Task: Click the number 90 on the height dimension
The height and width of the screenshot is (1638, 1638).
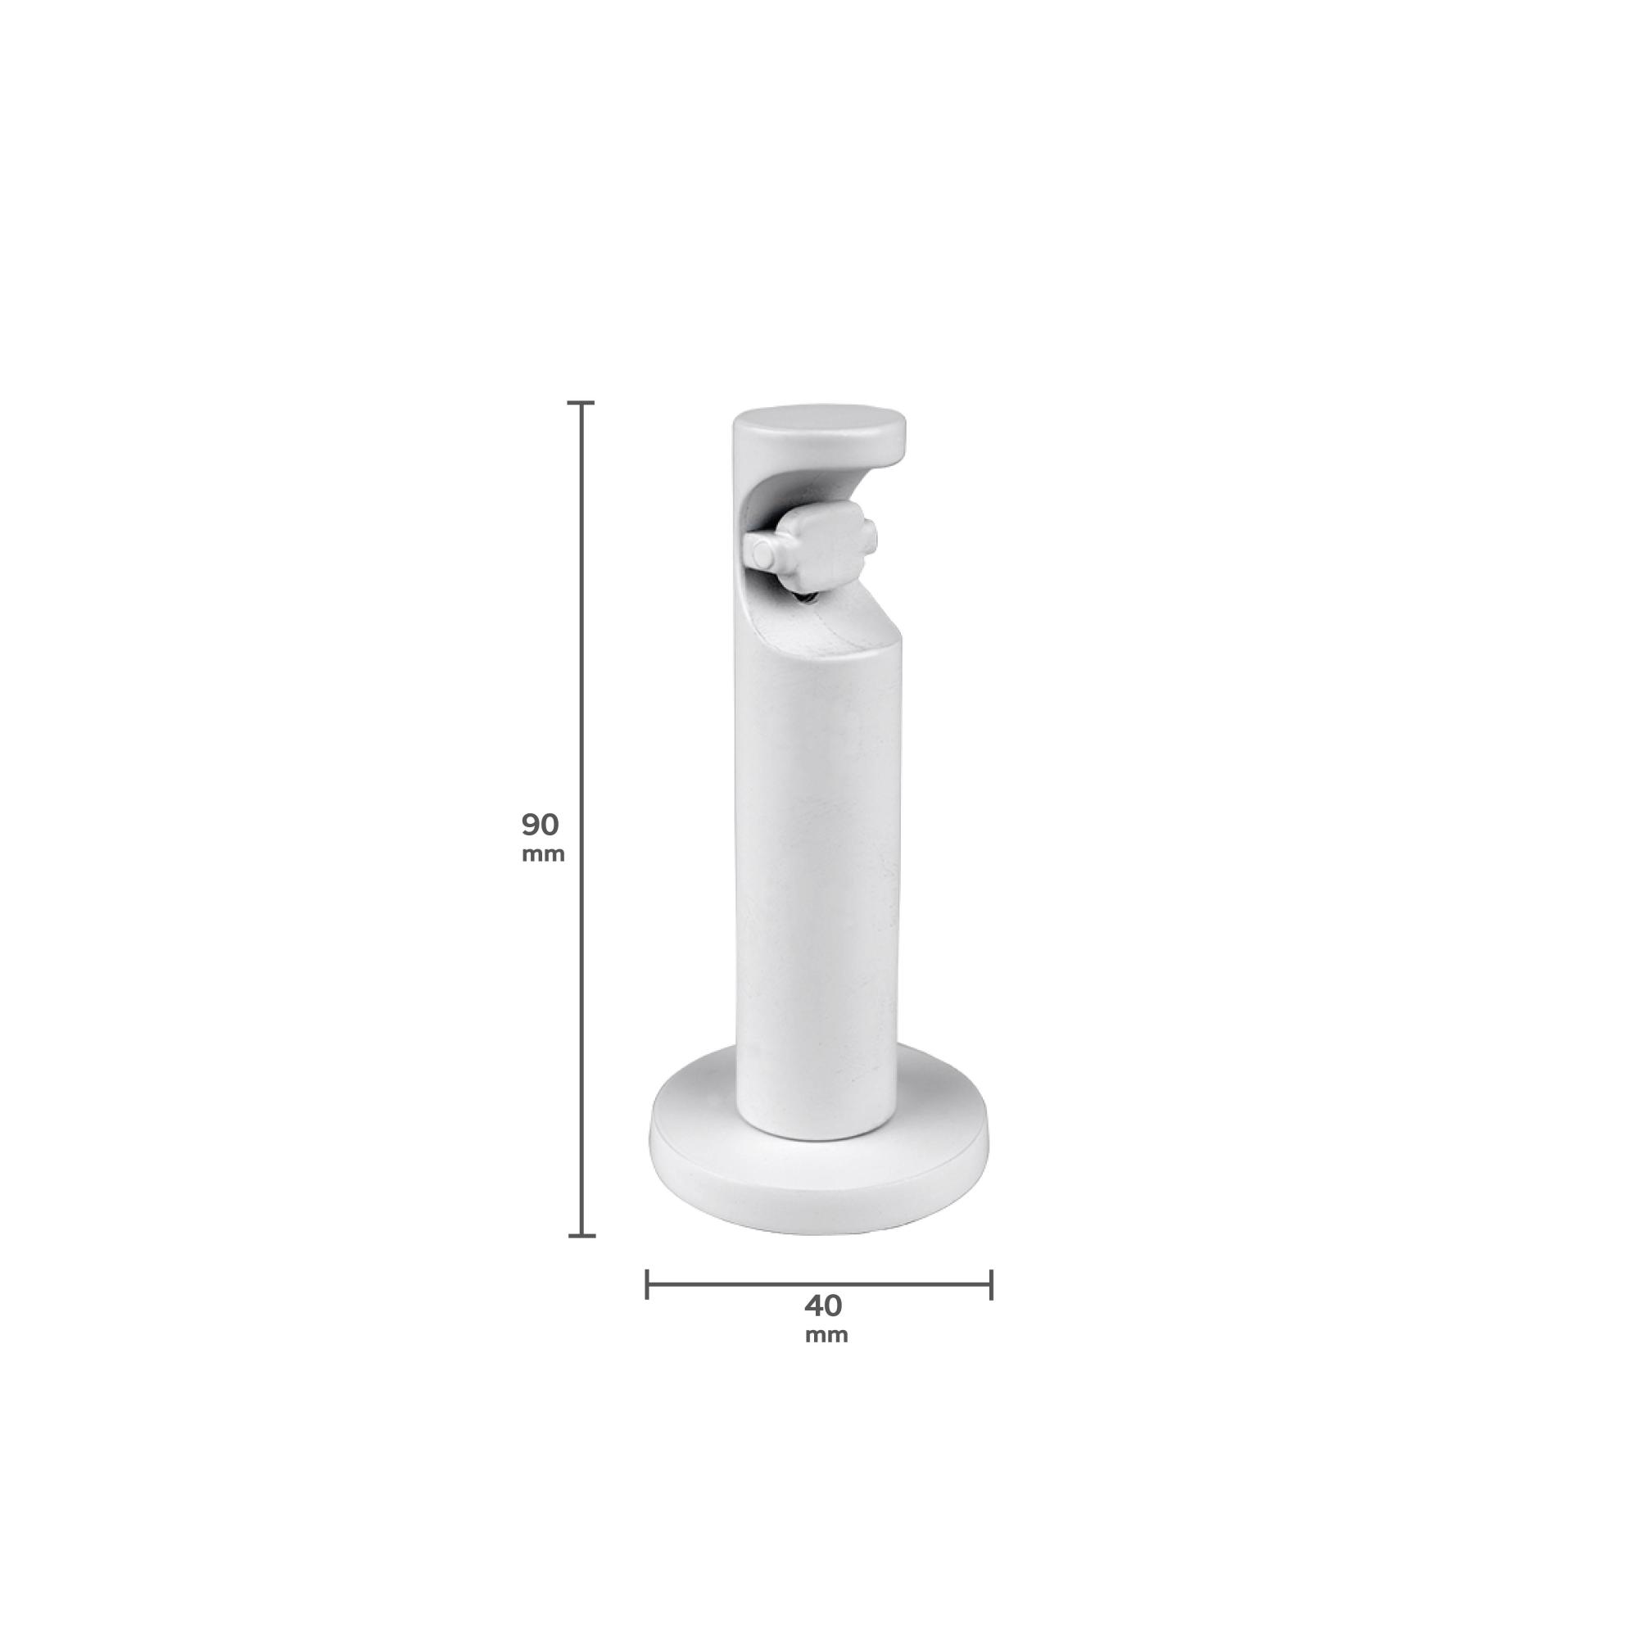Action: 540,824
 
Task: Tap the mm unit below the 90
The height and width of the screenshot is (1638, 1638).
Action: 543,853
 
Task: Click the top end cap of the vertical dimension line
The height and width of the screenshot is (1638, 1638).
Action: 581,403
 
